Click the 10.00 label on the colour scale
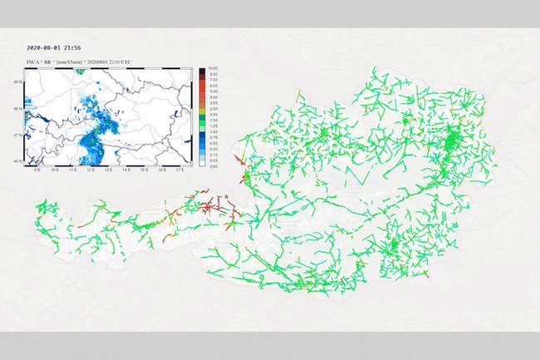tap(213, 68)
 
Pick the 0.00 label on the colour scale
tap(213, 166)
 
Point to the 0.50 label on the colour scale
tap(213, 142)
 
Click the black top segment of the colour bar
tap(201, 71)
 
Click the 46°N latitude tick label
tap(21, 160)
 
